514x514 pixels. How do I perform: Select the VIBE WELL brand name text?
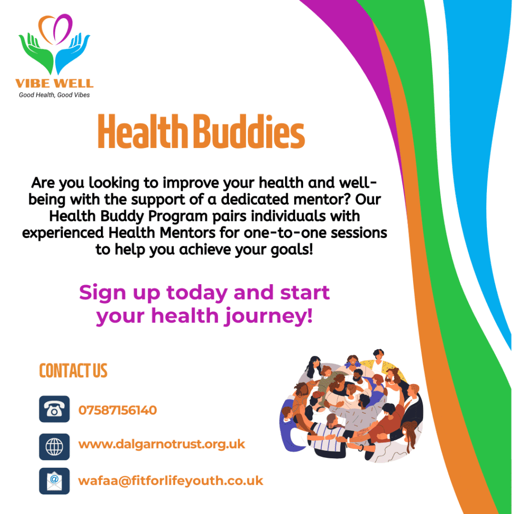click(54, 83)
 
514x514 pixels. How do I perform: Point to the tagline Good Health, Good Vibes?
click(54, 95)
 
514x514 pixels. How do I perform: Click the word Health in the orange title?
click(143, 132)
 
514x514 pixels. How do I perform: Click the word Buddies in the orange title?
click(249, 132)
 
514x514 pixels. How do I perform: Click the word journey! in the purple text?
click(268, 317)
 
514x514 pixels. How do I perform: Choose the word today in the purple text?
click(197, 293)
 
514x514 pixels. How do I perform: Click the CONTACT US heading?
click(73, 371)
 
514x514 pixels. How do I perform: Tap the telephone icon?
click(54, 409)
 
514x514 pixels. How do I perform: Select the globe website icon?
click(54, 447)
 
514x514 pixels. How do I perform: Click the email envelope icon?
click(54, 481)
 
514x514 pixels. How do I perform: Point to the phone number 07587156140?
click(117, 410)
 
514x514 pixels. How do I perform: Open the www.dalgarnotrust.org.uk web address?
click(162, 445)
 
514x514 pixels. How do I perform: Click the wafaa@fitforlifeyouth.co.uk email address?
click(171, 481)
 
